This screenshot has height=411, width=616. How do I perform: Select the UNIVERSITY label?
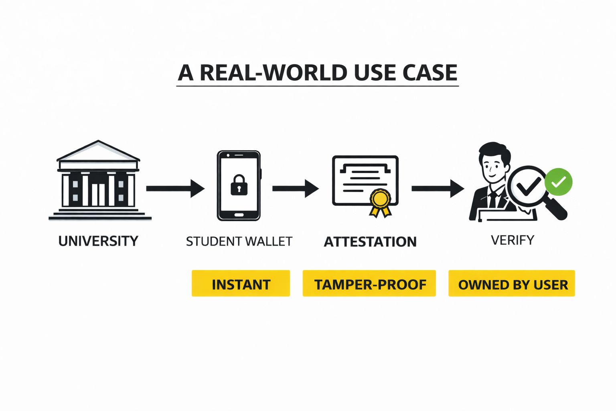tap(98, 241)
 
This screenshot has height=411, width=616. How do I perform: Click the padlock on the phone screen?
tap(239, 185)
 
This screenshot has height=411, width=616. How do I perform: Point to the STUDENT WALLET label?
tap(239, 241)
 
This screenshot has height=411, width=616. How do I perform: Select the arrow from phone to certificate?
tap(296, 188)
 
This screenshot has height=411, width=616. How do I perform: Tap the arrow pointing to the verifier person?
tap(438, 188)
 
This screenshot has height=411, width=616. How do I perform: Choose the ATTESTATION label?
tap(370, 242)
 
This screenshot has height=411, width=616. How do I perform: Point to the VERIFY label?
tap(513, 240)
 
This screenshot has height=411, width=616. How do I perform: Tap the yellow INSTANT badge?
tap(241, 284)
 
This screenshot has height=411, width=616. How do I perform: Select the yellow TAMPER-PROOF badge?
tap(369, 284)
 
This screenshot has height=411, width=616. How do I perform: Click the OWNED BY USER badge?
tap(512, 284)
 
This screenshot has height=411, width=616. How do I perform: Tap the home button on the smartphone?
tap(239, 215)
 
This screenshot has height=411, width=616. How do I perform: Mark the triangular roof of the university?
tap(98, 151)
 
